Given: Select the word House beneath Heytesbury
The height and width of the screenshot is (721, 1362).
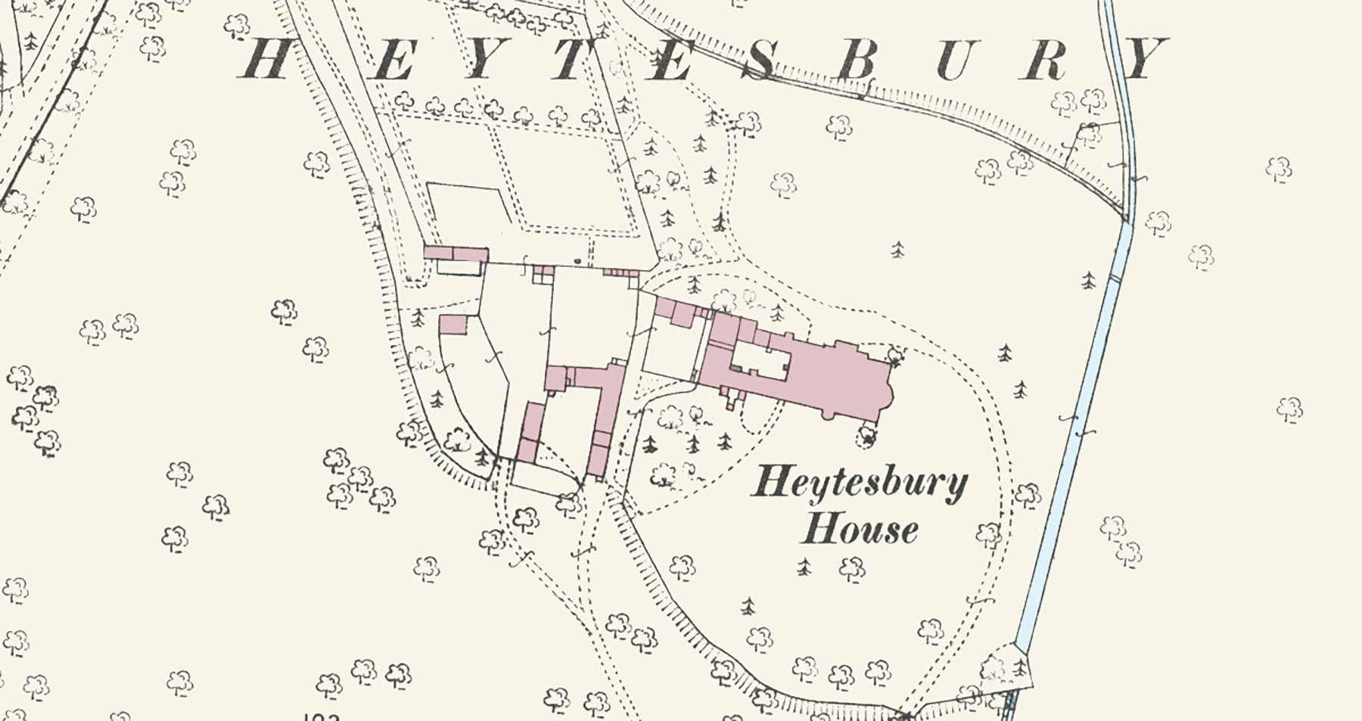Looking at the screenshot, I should tap(860, 529).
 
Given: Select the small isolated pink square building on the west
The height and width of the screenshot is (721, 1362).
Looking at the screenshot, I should tap(453, 325).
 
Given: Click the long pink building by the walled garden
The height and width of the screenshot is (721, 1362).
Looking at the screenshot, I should tap(456, 253).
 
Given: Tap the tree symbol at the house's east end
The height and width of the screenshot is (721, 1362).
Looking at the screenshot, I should tap(896, 355).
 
